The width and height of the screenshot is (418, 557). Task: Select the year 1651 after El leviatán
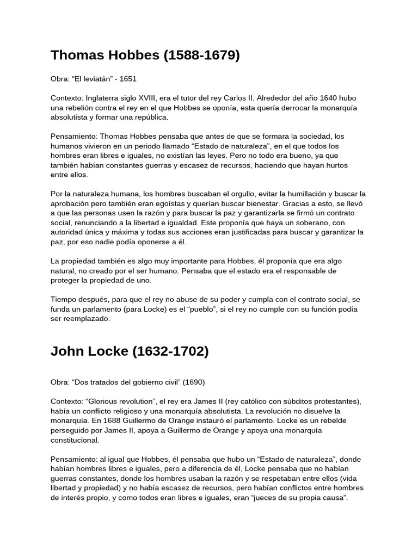(x=128, y=79)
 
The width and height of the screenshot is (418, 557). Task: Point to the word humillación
(x=304, y=194)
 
